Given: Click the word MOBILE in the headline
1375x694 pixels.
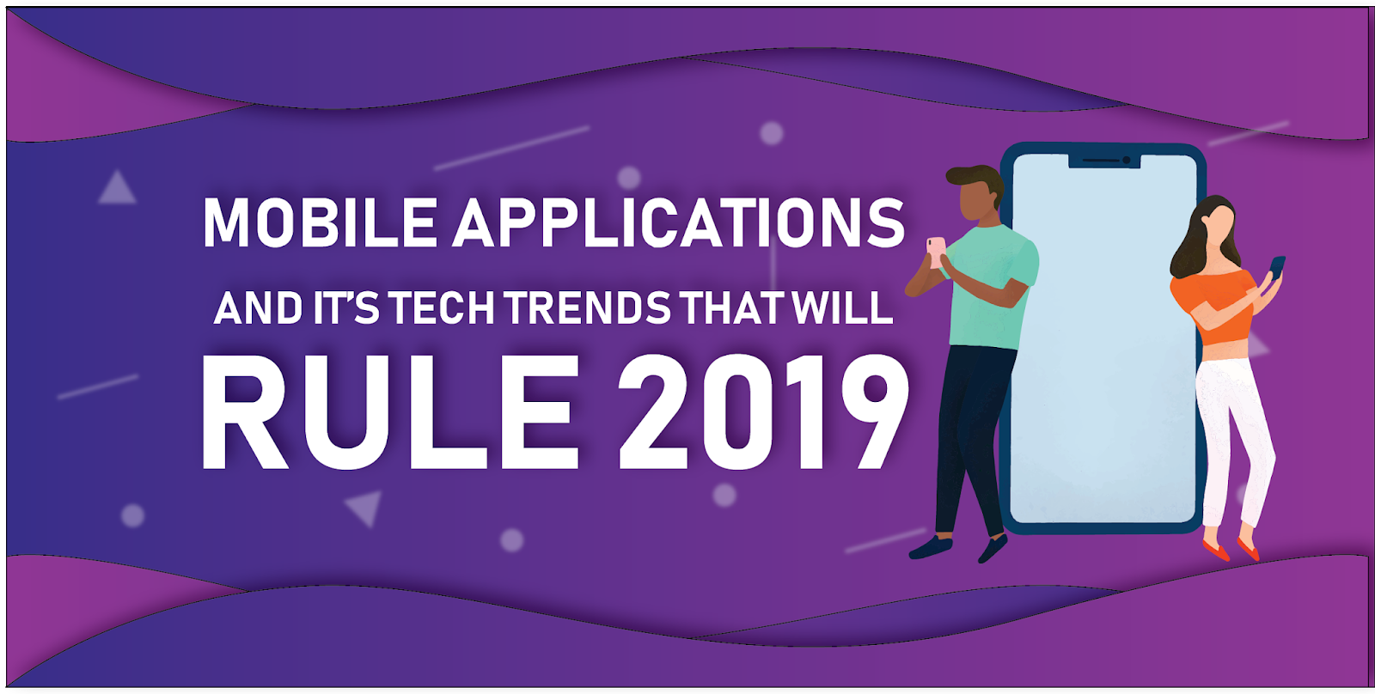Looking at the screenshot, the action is coord(320,222).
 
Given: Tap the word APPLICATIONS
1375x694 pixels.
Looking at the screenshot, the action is coord(679,222).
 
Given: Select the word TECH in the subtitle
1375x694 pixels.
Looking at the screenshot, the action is coord(442,307).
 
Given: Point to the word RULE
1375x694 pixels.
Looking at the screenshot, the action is coord(390,412).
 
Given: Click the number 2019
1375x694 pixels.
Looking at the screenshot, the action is coord(764,412).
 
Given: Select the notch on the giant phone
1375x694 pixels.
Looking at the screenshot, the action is coord(1104,161).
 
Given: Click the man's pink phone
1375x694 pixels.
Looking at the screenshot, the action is coord(935,250).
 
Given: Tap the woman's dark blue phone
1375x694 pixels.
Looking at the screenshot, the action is coord(1277,267).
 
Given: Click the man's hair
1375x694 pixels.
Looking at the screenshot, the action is coord(976,180).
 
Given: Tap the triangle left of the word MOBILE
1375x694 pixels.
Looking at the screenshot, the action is coord(117,190).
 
